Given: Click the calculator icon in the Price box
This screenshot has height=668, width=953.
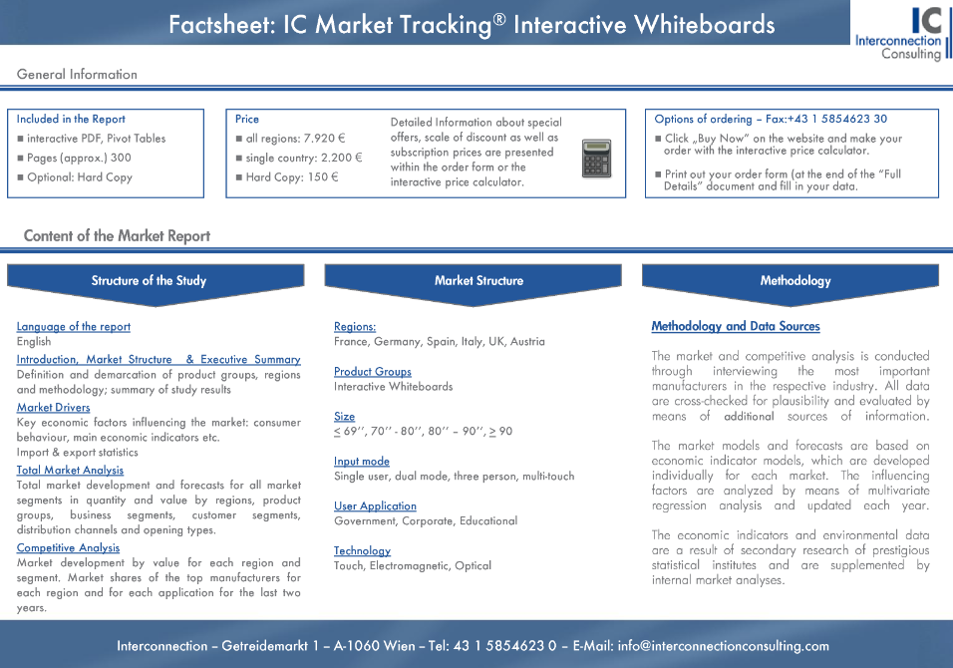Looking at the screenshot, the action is click(596, 159).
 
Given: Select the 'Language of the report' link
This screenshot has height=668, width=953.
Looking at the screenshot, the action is click(74, 326).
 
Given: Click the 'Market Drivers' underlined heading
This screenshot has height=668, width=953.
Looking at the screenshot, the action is click(54, 407).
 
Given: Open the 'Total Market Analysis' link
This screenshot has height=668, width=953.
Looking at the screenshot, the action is click(70, 470).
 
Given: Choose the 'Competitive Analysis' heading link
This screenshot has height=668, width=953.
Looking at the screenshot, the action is click(68, 547).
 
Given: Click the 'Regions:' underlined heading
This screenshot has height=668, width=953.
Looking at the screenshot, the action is click(355, 326).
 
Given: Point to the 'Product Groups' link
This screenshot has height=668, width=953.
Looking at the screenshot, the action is click(373, 371).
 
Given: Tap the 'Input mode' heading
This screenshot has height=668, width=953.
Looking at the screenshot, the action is click(362, 462).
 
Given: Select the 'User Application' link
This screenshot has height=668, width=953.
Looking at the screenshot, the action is click(375, 505).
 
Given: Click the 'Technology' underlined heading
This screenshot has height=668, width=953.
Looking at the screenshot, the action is click(362, 550).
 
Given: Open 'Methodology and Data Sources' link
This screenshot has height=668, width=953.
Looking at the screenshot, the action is click(736, 326).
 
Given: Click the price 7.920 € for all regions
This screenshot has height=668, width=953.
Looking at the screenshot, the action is click(325, 139).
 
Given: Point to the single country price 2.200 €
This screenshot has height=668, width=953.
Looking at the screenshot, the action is click(342, 159).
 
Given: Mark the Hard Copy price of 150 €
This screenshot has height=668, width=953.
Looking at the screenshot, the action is click(323, 177).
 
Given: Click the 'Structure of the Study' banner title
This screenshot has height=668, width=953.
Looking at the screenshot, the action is click(149, 281).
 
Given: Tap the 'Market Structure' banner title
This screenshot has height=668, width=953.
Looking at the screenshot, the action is click(478, 281).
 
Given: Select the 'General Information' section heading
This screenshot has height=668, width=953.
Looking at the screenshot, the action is click(77, 74).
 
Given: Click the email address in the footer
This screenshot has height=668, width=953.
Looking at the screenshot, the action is click(724, 646).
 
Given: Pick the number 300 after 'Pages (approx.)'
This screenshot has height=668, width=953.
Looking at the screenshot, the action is click(121, 158).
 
